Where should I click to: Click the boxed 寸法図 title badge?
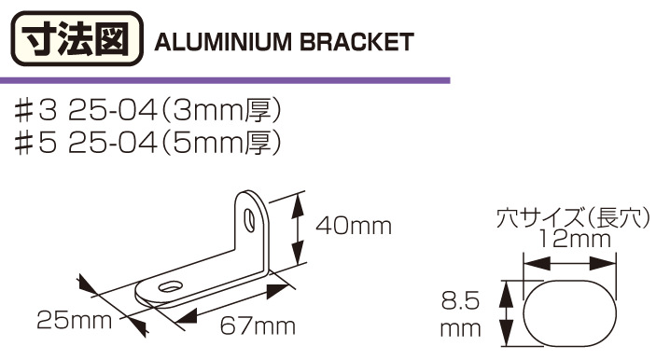click(x=77, y=39)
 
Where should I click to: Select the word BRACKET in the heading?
click(x=357, y=42)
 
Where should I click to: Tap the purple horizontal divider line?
click(x=225, y=80)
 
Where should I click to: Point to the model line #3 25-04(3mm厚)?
click(x=147, y=112)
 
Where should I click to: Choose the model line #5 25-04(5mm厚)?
click(x=147, y=145)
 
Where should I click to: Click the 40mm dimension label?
click(x=354, y=227)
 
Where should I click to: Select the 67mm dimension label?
click(x=258, y=326)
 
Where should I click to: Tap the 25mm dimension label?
click(x=75, y=321)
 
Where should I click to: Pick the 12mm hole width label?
click(x=574, y=240)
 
